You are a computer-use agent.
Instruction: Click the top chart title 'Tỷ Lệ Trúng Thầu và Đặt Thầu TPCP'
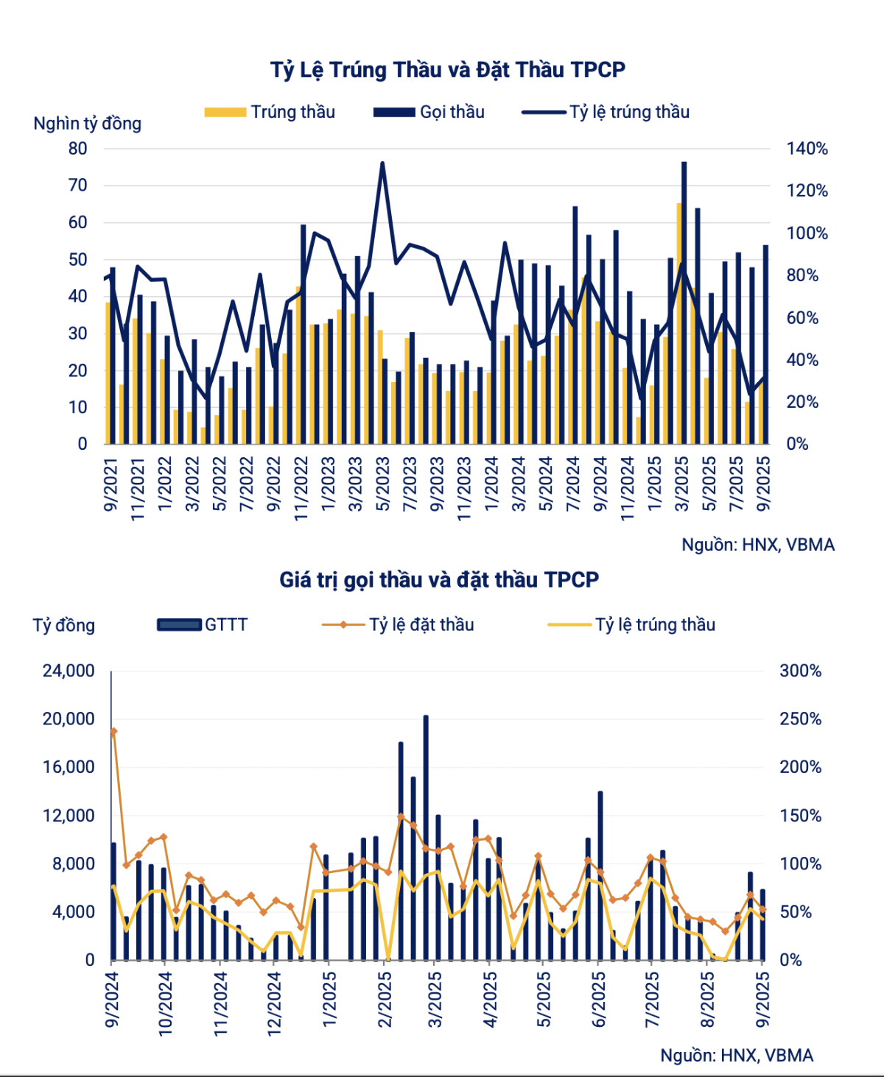pos(447,70)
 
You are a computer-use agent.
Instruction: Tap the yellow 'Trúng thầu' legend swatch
pos(225,112)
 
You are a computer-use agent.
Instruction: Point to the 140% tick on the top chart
pos(807,149)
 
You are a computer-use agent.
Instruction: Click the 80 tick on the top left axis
pos(78,149)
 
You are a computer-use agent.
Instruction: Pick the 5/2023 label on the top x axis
pos(383,484)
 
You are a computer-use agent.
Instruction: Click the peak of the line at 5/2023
pos(382,163)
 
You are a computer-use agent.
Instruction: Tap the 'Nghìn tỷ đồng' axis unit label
pos(87,124)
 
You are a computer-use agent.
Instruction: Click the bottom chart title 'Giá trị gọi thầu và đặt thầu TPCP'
pos(439,580)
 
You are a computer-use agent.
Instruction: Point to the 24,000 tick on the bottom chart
pos(69,671)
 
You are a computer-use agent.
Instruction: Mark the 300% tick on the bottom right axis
pos(800,671)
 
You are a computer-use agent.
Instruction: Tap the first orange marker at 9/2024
pos(113,731)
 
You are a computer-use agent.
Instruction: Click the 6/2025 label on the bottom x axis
pos(599,999)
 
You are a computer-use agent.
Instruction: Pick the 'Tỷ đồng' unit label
pos(64,626)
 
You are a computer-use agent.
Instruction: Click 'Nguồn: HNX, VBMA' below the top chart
pos(758,545)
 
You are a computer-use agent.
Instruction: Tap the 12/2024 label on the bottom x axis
pos(274,1003)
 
